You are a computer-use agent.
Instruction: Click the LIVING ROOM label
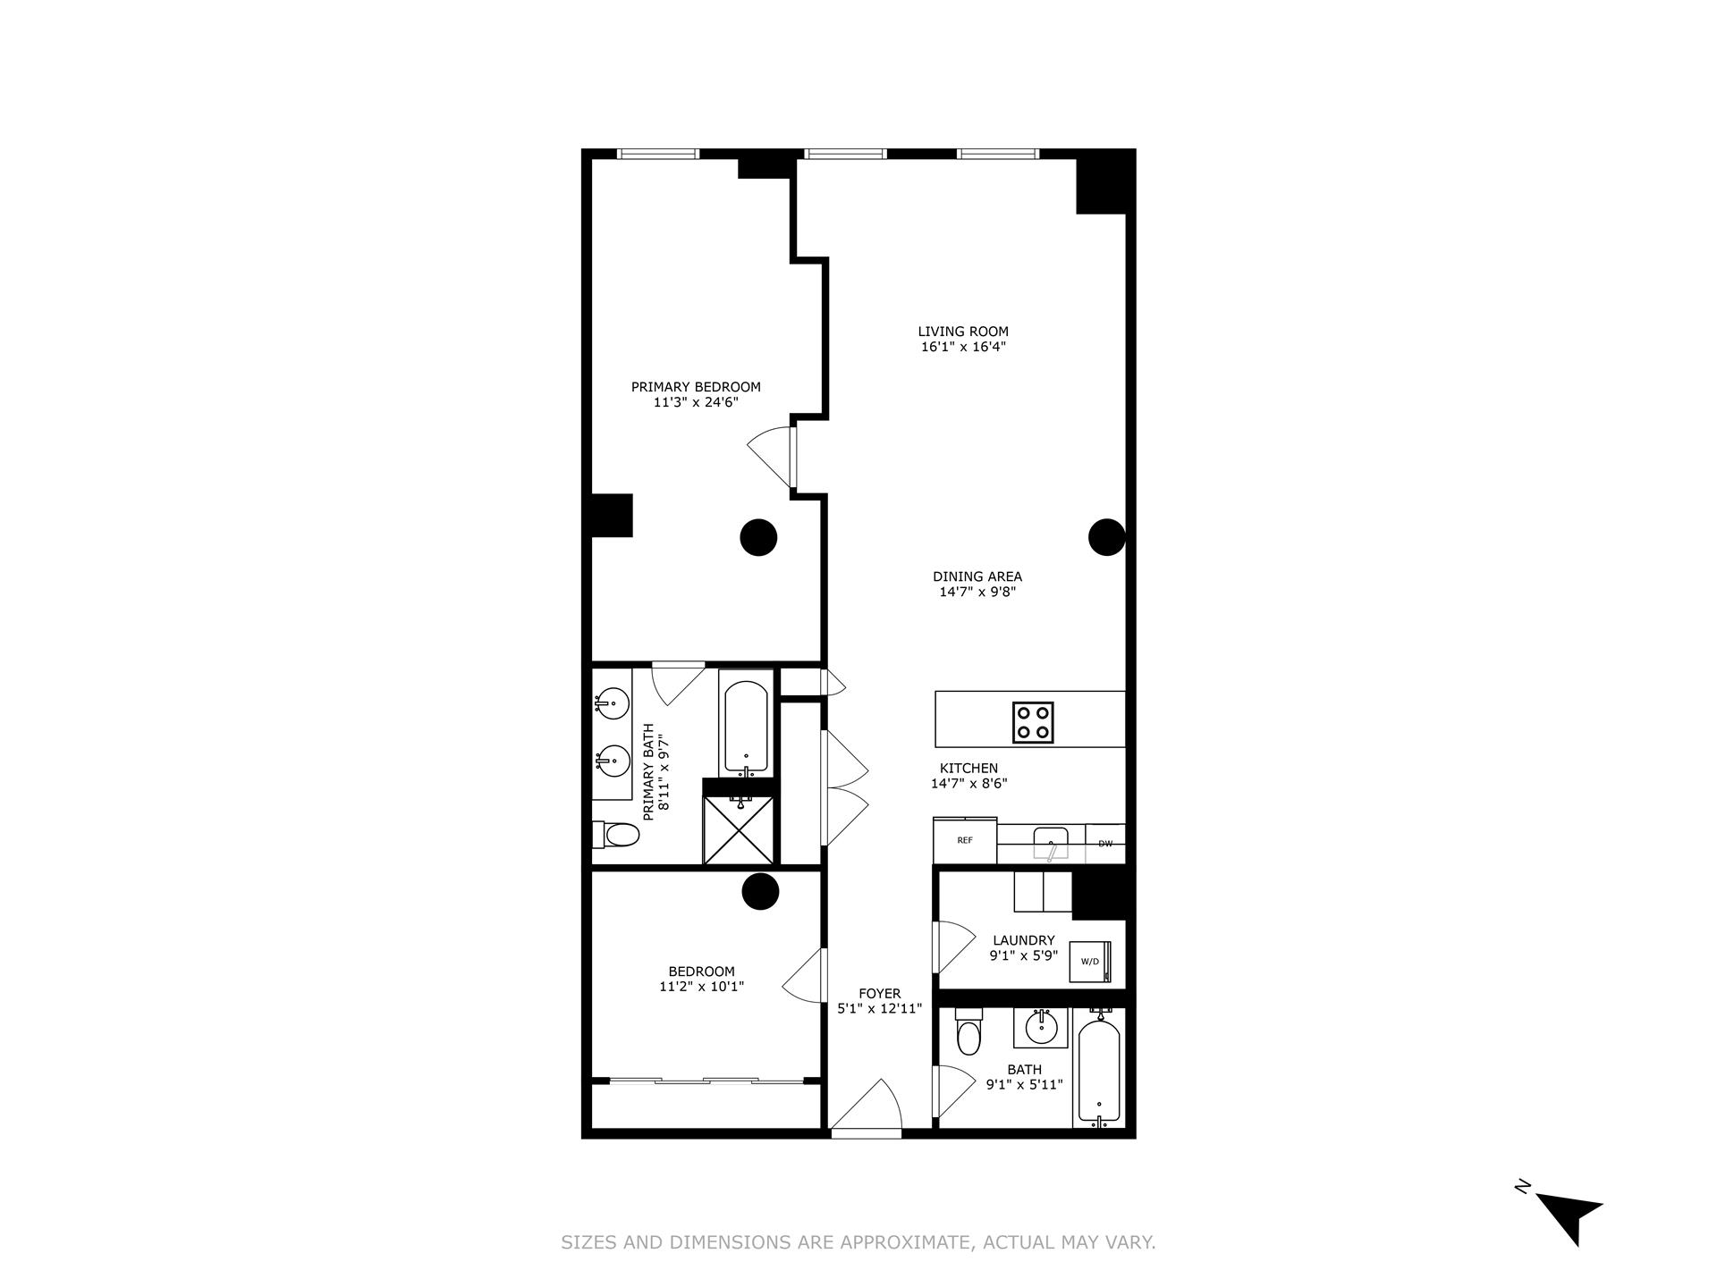(963, 332)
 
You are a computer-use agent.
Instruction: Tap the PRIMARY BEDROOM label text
(696, 387)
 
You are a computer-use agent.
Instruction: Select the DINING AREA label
(977, 576)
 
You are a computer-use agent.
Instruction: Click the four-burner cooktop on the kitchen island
(1033, 722)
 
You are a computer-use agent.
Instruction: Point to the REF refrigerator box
(965, 840)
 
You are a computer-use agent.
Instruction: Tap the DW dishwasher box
(1105, 843)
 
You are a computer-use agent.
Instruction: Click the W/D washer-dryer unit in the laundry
(1091, 962)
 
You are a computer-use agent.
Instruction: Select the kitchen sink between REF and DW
(1050, 841)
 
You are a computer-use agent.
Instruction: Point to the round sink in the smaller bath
(1040, 1028)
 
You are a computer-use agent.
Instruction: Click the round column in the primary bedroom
(758, 537)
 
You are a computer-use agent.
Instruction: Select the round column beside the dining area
(1106, 537)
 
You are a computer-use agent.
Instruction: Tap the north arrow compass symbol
(1567, 1215)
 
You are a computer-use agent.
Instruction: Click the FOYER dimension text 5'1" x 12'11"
(879, 1008)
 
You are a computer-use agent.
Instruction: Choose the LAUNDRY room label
(1023, 940)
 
